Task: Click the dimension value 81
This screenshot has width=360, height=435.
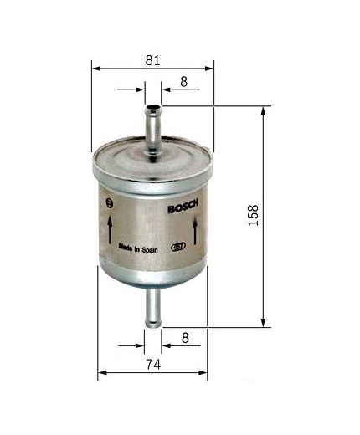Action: (152, 59)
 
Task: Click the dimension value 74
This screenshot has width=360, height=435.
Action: (152, 364)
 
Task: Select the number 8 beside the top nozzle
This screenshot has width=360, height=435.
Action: (183, 81)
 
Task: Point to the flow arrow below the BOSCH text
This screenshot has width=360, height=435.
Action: (195, 230)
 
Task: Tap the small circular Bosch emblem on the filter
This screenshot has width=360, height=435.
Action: (109, 204)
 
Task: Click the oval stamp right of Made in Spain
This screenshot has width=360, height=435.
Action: (177, 248)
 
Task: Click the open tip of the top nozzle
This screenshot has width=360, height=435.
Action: (152, 107)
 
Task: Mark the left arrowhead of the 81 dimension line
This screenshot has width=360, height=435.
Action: (95, 68)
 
